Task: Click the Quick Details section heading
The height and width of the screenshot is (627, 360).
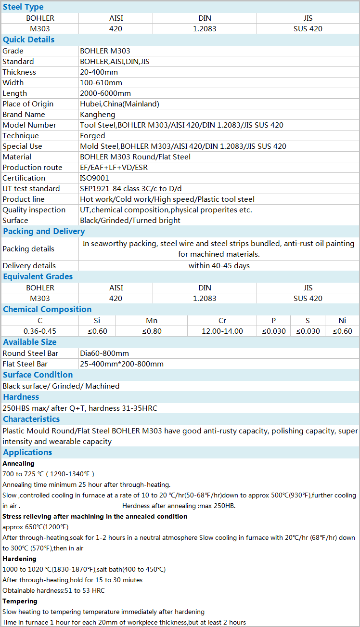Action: [x=28, y=39]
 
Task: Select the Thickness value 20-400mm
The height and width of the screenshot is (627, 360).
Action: [x=99, y=72]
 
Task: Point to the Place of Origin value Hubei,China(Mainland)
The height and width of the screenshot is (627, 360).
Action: [x=119, y=104]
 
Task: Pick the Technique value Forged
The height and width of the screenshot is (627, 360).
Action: [x=92, y=136]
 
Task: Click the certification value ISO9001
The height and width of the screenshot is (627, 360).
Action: [x=94, y=178]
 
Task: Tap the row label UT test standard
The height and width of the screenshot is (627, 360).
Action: [x=31, y=189]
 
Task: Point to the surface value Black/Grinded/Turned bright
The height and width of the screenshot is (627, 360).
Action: [x=130, y=221]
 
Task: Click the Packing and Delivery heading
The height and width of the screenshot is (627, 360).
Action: [x=44, y=231]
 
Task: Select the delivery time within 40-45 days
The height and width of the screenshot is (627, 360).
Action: [x=219, y=266]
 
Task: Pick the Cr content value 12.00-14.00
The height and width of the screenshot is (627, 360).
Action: [x=222, y=331]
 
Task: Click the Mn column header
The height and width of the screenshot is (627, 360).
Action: [x=152, y=321]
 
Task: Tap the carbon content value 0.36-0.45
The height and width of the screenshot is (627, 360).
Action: [x=40, y=331]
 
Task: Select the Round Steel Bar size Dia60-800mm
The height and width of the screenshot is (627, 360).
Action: [x=104, y=353]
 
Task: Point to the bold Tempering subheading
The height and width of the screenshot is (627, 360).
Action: [x=20, y=601]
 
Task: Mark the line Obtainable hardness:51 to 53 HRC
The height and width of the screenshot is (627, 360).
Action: [x=53, y=590]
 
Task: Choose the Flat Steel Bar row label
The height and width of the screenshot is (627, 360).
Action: [x=25, y=364]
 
